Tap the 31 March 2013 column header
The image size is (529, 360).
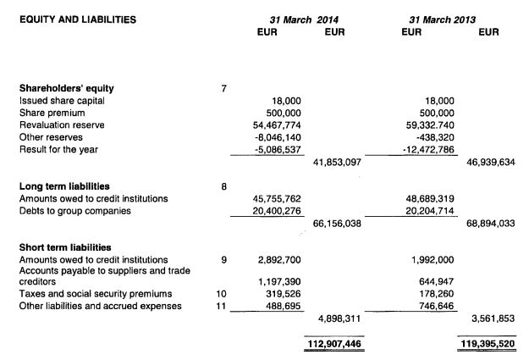click(x=441, y=19)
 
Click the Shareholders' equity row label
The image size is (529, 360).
click(x=66, y=88)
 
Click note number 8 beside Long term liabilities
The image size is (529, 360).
click(x=222, y=186)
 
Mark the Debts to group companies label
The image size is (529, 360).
click(x=74, y=211)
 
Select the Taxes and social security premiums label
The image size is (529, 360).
click(x=95, y=293)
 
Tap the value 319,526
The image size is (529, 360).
click(x=285, y=293)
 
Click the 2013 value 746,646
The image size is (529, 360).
click(x=436, y=305)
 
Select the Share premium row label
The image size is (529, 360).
click(x=49, y=113)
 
